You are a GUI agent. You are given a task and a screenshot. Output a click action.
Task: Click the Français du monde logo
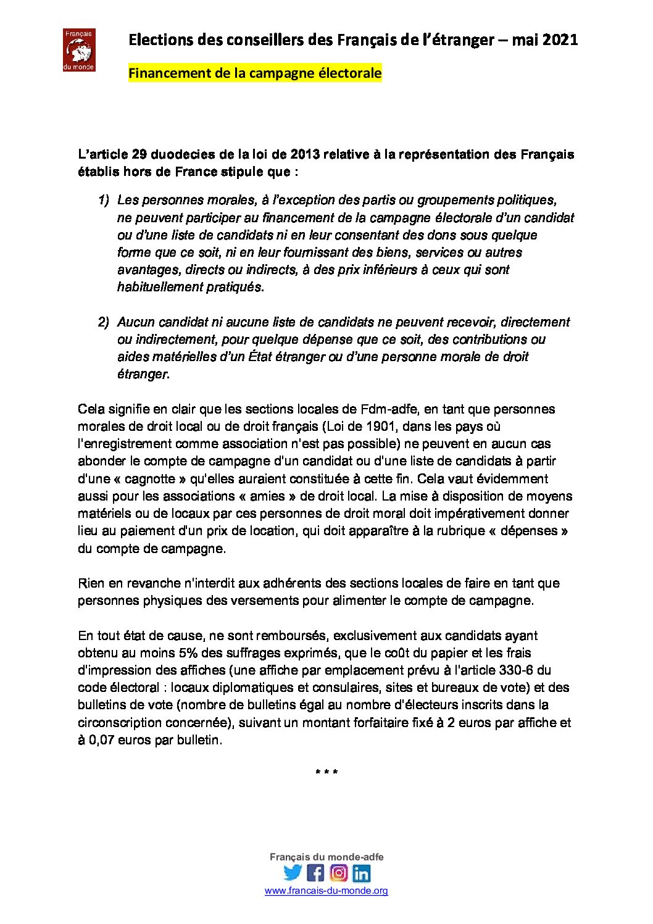coord(79,50)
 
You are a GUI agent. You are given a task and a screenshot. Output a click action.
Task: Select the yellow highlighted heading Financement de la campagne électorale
coord(255,73)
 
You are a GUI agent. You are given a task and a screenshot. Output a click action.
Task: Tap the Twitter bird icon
coord(293,872)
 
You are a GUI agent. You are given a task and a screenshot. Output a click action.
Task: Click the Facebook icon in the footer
coord(315,872)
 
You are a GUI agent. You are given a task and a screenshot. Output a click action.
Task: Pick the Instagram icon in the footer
coord(338,872)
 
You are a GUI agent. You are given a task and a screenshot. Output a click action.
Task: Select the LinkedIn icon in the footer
coord(362,873)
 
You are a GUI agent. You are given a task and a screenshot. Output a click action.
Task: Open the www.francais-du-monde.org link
coord(326,891)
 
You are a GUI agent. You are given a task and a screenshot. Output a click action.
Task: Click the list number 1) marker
coord(104,200)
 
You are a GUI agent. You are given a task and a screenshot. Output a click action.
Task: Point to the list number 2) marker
coord(104,322)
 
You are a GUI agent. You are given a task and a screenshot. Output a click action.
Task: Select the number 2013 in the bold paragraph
coord(306,154)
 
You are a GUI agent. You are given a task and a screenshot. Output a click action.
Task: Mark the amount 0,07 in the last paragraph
coord(102,740)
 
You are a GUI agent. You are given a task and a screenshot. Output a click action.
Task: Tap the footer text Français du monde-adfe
coord(326,857)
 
